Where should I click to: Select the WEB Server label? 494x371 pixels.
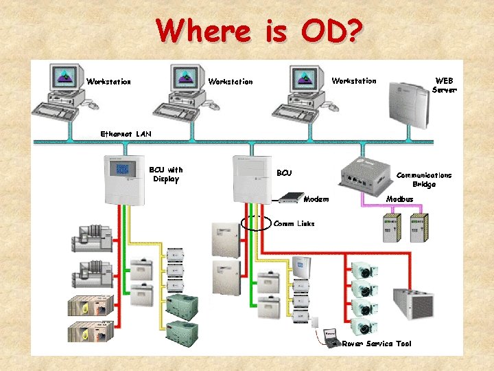(444, 85)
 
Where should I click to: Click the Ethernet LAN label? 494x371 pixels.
(126, 133)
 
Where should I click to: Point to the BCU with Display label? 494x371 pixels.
(166, 175)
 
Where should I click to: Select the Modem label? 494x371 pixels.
(316, 199)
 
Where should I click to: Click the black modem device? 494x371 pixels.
(290, 198)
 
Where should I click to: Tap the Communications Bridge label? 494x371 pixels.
(424, 179)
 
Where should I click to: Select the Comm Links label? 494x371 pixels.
(294, 223)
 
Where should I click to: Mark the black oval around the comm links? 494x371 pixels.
(257, 223)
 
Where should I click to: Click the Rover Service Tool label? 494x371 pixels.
(376, 343)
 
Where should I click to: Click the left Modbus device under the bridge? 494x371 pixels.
(392, 226)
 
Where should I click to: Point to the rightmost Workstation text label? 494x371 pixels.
(354, 81)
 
